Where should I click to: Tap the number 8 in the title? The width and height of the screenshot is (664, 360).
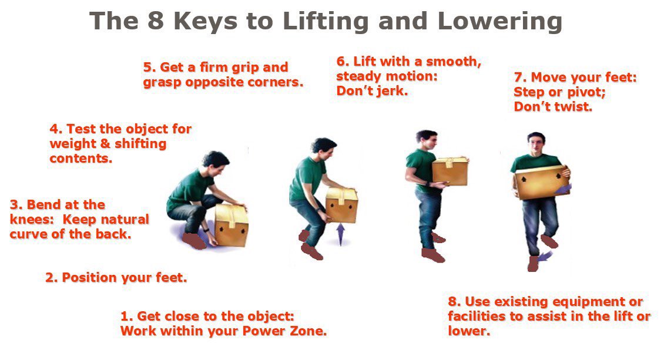click(x=150, y=22)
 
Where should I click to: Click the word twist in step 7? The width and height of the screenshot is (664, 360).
click(x=575, y=107)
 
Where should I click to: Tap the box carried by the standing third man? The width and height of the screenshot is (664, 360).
click(x=450, y=171)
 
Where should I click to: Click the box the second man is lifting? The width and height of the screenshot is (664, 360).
click(x=341, y=206)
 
